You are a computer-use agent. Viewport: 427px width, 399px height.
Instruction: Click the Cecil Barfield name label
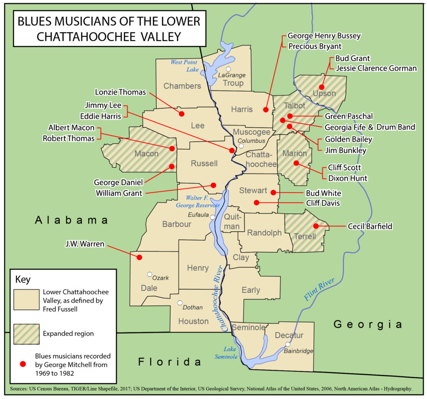(370, 226)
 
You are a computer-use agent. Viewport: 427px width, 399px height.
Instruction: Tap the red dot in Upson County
(322, 87)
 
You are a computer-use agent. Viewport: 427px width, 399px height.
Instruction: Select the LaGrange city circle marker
(228, 69)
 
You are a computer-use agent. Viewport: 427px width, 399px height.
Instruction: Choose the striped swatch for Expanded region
(26, 334)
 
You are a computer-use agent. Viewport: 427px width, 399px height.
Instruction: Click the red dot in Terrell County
(316, 226)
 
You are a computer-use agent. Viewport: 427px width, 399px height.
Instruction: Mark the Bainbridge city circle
(288, 344)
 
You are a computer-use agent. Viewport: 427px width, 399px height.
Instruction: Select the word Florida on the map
(170, 361)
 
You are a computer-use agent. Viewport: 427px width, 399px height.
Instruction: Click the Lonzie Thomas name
(120, 92)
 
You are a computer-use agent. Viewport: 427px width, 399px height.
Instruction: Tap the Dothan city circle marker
(180, 303)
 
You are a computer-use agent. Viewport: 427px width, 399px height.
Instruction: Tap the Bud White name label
(324, 193)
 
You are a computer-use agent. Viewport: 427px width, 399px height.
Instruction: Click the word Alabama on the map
(71, 220)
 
